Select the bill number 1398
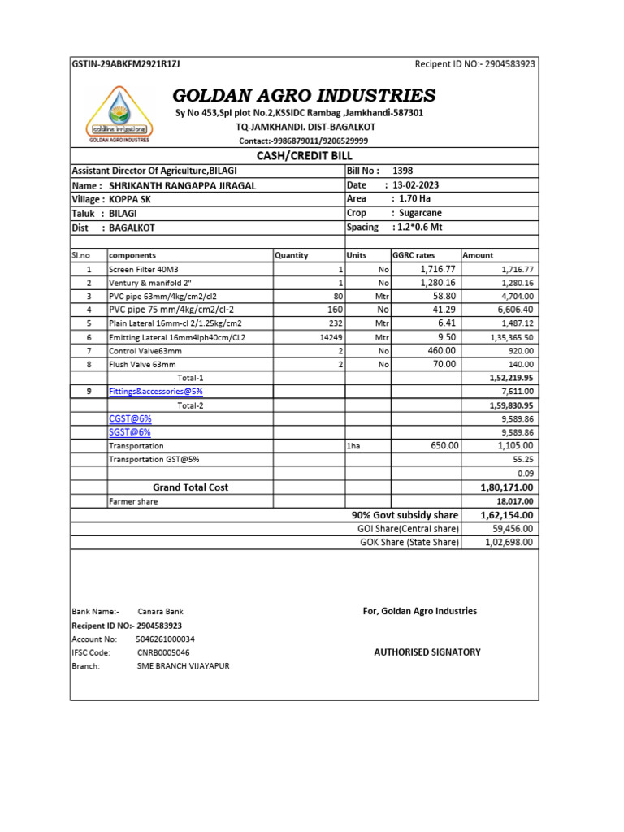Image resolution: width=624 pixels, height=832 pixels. coord(402,171)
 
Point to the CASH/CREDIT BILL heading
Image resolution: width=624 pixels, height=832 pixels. coord(304,156)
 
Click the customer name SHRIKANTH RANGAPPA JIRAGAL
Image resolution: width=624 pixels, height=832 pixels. coord(182,185)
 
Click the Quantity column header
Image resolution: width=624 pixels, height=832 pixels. coord(292,255)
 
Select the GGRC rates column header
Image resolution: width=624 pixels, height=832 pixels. coord(414,255)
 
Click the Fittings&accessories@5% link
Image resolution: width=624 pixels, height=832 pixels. coord(156,392)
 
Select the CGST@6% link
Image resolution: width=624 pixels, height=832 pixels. coord(129,418)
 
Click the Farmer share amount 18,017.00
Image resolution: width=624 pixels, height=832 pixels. coord(512,502)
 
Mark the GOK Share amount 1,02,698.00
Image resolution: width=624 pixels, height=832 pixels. coord(509,542)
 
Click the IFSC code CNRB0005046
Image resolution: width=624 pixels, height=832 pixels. coord(163,652)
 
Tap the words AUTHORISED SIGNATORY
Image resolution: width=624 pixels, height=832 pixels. coord(427,652)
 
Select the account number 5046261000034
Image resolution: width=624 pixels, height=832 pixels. coord(165,639)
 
